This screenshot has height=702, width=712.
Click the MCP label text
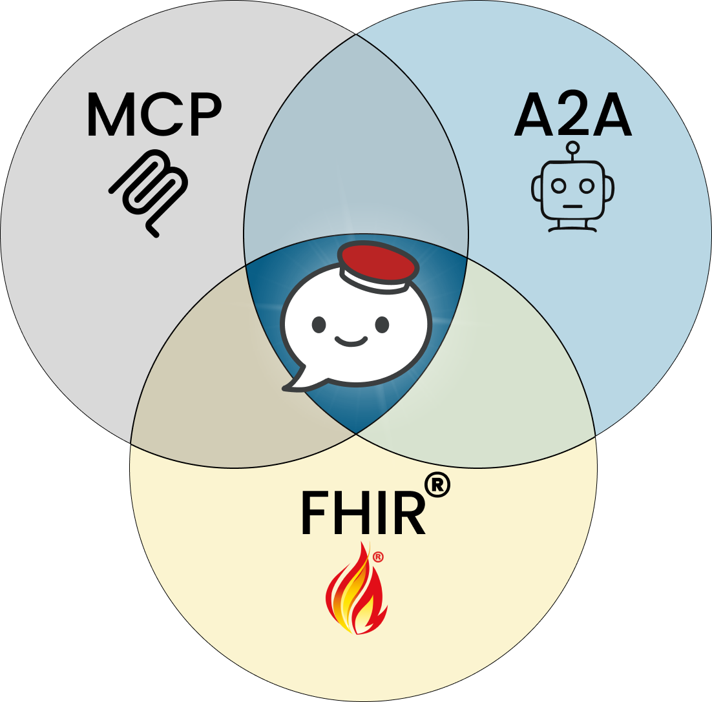tap(154, 116)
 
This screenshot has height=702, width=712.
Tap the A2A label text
tap(572, 118)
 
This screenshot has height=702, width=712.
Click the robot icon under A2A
tap(572, 189)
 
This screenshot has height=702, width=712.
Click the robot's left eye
tap(559, 186)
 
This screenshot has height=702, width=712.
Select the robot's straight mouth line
tap(572, 207)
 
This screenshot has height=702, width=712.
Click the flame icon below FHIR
tap(355, 590)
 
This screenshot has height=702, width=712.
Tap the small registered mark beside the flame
tap(379, 557)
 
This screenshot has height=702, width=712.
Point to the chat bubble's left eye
tap(319, 324)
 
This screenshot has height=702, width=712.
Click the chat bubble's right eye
tap(382, 324)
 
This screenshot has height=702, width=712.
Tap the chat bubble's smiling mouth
tap(350, 341)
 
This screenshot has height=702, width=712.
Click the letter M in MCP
tap(107, 116)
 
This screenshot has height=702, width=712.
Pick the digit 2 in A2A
tap(572, 118)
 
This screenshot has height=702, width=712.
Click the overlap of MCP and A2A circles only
tap(356, 149)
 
